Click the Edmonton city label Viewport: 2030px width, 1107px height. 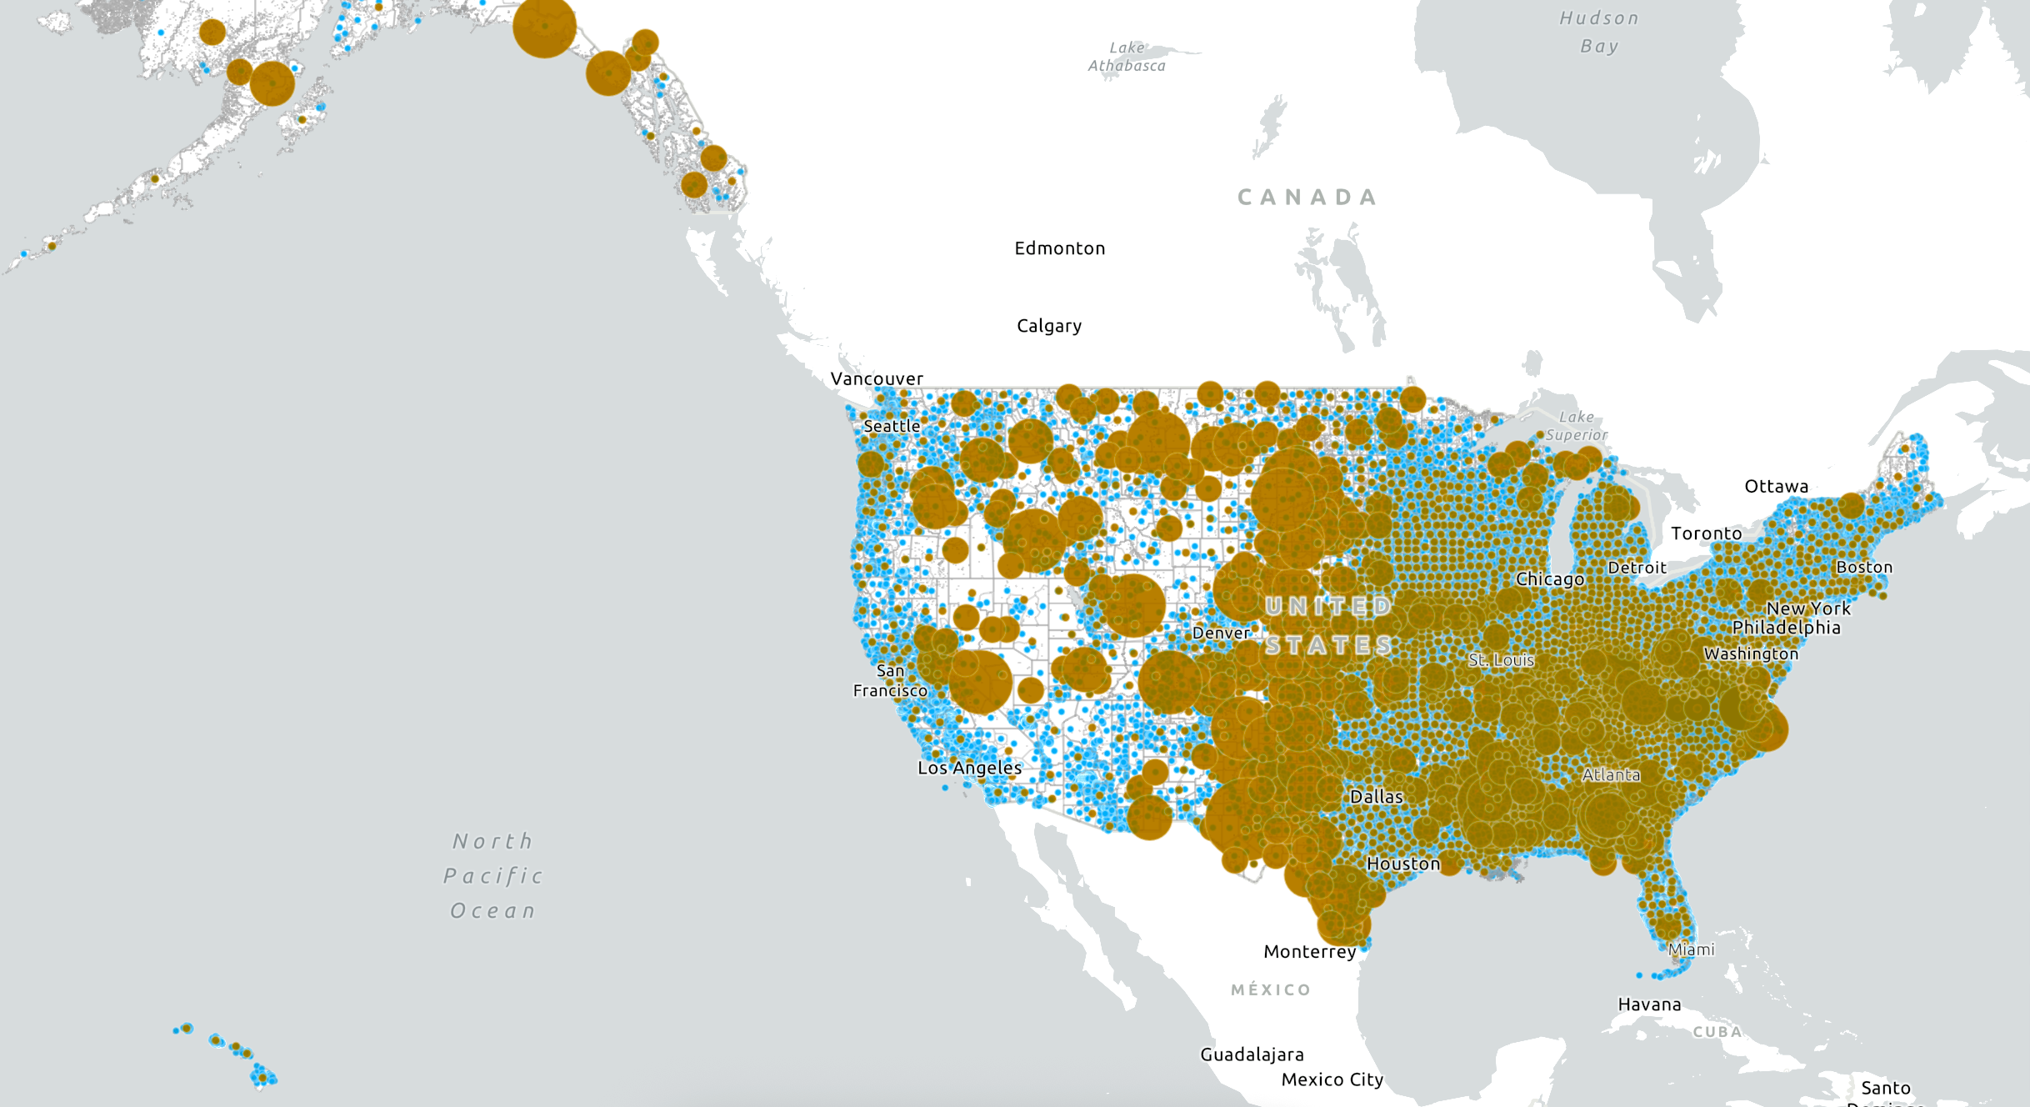[x=1059, y=248]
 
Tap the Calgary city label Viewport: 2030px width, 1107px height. [x=1049, y=326]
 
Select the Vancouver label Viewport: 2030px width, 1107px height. [x=877, y=378]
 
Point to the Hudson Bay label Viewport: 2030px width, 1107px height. [x=1599, y=32]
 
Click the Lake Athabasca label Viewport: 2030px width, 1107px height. [x=1127, y=57]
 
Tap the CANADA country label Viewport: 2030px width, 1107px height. [x=1307, y=198]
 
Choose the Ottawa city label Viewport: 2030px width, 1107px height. [x=1776, y=486]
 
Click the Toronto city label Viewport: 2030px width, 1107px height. [x=1706, y=533]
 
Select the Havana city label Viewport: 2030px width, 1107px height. [x=1649, y=1004]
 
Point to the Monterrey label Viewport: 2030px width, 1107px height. [x=1309, y=951]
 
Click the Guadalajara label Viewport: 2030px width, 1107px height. [x=1252, y=1054]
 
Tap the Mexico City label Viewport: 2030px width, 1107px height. [x=1332, y=1079]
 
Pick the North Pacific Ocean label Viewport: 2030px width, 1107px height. [x=492, y=875]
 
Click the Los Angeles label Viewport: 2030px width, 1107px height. [x=969, y=768]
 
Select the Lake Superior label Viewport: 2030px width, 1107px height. [x=1576, y=425]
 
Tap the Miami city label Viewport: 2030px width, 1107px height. [x=1691, y=949]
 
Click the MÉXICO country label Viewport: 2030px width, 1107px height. [x=1271, y=989]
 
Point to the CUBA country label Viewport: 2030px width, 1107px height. [x=1717, y=1032]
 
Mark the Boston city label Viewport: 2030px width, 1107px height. [x=1864, y=567]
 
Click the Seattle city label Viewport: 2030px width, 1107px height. [x=892, y=426]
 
